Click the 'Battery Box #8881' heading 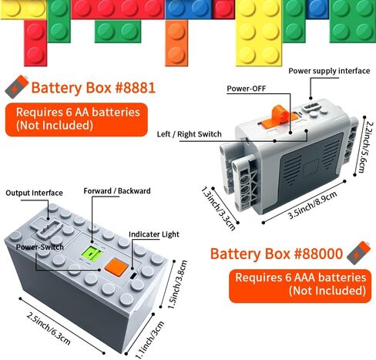coord(93,88)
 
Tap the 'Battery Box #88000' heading coord(277,254)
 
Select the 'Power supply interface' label coord(329,71)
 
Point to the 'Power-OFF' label coord(246,89)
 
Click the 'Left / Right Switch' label coord(190,134)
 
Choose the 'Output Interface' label coord(34,193)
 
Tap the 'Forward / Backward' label coord(117,191)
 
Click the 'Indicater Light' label coord(154,234)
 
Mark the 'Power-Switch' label coord(40,247)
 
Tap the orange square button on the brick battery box coord(116,267)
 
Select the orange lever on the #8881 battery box coord(279,116)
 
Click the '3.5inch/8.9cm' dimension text coord(312,205)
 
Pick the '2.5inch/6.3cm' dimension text coord(49,328)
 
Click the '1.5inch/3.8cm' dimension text coord(177,284)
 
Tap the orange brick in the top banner coord(176,43)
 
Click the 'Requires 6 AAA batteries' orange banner coord(300,286)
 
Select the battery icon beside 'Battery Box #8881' coord(17,86)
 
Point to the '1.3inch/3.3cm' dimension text coord(218,208)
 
